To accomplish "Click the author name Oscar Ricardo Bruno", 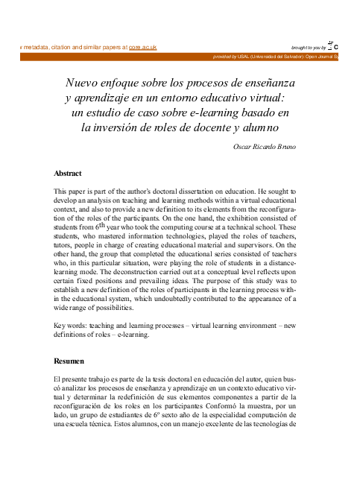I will click(x=265, y=146).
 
